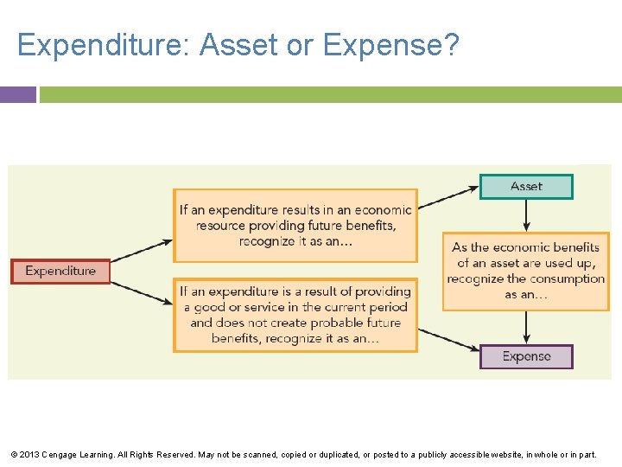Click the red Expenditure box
60,272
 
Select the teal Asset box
526,187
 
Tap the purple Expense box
526,356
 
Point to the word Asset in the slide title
240,45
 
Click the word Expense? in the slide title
391,45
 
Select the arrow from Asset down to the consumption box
526,215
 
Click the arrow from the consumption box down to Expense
526,328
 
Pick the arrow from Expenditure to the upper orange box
142,251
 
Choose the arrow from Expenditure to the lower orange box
142,291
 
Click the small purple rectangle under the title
18,94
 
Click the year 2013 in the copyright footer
29,454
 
